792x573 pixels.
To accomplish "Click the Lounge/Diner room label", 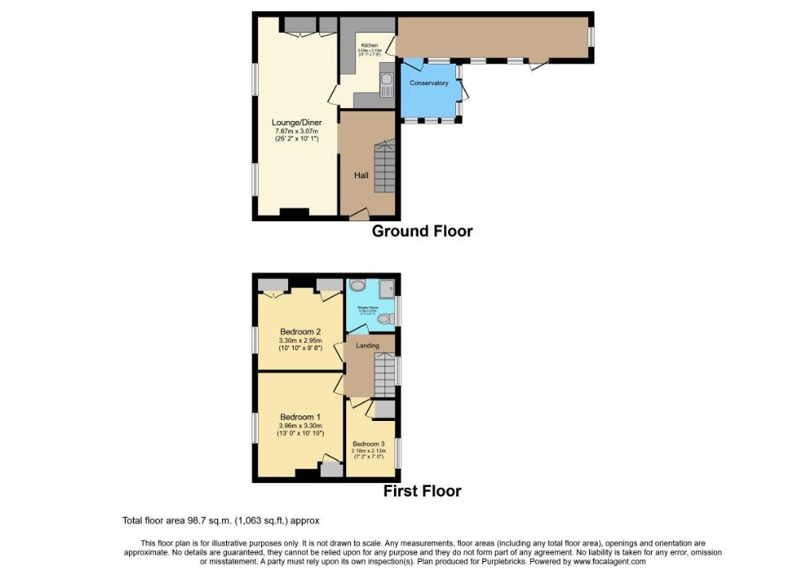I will tap(296, 122).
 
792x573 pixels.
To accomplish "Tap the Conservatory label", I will tap(429, 83).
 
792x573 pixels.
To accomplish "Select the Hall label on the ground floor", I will tap(361, 175).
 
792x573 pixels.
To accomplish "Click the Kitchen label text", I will tap(369, 45).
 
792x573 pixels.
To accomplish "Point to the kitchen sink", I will tap(387, 84).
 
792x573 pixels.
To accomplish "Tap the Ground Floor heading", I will tap(422, 232).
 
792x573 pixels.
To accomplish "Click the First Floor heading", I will tap(422, 491).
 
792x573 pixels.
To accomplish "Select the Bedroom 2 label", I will tap(301, 332).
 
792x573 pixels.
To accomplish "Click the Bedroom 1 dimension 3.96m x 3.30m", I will tap(301, 426).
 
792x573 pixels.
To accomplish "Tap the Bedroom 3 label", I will tap(369, 444).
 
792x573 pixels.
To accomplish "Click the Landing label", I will tap(367, 345).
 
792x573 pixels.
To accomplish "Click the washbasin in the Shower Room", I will tap(357, 285).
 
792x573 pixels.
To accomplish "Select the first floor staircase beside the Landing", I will tap(385, 371).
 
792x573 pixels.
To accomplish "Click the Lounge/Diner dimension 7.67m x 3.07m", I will tap(296, 131).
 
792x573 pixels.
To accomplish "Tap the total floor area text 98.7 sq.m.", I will tap(220, 521).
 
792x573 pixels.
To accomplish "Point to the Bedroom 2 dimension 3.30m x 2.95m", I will tap(301, 341).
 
